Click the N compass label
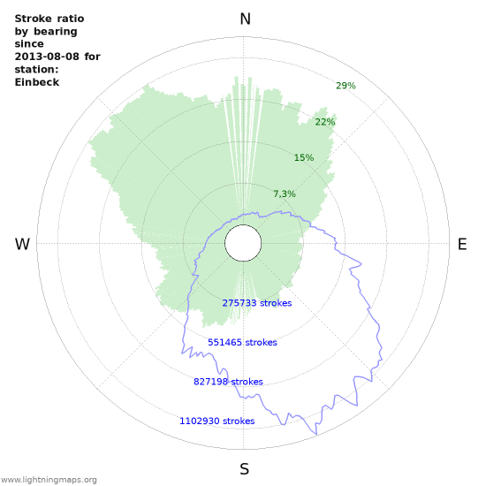[x=245, y=19]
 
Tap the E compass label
[x=462, y=245]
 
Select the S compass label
[x=245, y=469]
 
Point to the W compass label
[x=23, y=245]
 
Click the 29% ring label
[x=346, y=86]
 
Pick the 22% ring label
[x=324, y=122]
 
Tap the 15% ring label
[x=304, y=157]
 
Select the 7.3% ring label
[x=284, y=194]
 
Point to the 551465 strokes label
[x=242, y=342]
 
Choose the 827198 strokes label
[x=228, y=382]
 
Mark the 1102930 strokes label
[x=216, y=421]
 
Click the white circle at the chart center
[x=242, y=243]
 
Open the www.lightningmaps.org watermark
[x=49, y=480]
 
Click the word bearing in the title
[x=56, y=32]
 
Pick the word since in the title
[x=29, y=44]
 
